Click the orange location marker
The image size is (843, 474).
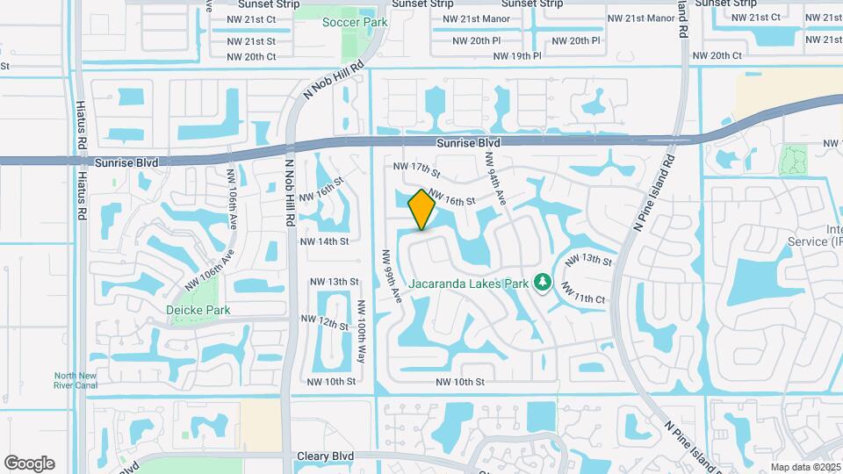click(422, 210)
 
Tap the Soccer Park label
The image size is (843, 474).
click(354, 22)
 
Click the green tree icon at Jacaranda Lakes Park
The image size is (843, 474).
click(543, 282)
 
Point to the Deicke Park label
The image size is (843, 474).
click(198, 310)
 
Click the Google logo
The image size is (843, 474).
click(29, 463)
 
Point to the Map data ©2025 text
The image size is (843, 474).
click(805, 467)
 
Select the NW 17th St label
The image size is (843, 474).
click(415, 167)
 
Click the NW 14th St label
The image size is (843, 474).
click(324, 241)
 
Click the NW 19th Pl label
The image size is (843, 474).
click(517, 56)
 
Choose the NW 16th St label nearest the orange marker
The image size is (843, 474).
click(451, 200)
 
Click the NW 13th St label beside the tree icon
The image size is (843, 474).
click(587, 260)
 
